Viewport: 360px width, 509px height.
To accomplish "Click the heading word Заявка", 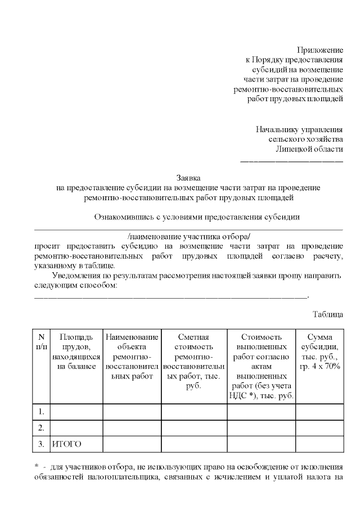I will pyautogui.click(x=188, y=177).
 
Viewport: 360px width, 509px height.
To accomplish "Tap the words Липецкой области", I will pyautogui.click(x=309, y=148).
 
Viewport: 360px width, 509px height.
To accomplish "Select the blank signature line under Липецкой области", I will pyautogui.click(x=291, y=161).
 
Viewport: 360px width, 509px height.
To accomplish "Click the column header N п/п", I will pyautogui.click(x=41, y=341).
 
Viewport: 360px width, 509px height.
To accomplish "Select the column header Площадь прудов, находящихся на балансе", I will pyautogui.click(x=76, y=352).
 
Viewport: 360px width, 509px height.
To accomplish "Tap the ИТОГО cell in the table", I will pyautogui.click(x=67, y=444).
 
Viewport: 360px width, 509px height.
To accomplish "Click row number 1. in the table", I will pyautogui.click(x=41, y=411).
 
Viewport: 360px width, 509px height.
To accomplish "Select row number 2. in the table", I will pyautogui.click(x=41, y=427).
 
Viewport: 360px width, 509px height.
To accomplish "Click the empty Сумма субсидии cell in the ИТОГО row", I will pyautogui.click(x=319, y=444).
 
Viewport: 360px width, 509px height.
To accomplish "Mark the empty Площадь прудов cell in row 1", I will pyautogui.click(x=76, y=411).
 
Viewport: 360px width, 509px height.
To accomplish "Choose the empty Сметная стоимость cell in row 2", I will pyautogui.click(x=193, y=427).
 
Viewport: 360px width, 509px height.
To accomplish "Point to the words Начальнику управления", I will pyautogui.click(x=299, y=128).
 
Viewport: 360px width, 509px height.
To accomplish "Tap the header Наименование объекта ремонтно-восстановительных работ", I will pyautogui.click(x=132, y=357).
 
